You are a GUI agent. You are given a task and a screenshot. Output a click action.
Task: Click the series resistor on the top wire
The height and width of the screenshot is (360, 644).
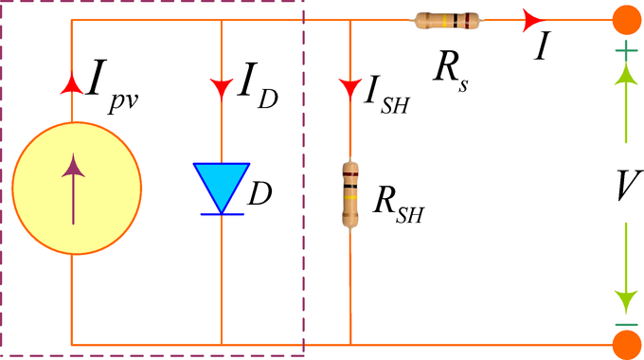[447, 20]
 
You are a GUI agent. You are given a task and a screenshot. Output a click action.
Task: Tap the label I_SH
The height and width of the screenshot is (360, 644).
[385, 96]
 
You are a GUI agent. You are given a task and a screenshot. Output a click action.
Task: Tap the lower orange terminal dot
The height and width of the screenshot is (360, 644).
[624, 342]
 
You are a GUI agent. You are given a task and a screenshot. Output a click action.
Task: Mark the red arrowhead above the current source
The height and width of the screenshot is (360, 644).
[72, 85]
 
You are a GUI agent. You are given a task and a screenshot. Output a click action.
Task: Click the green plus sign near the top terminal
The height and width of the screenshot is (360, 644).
[625, 56]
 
